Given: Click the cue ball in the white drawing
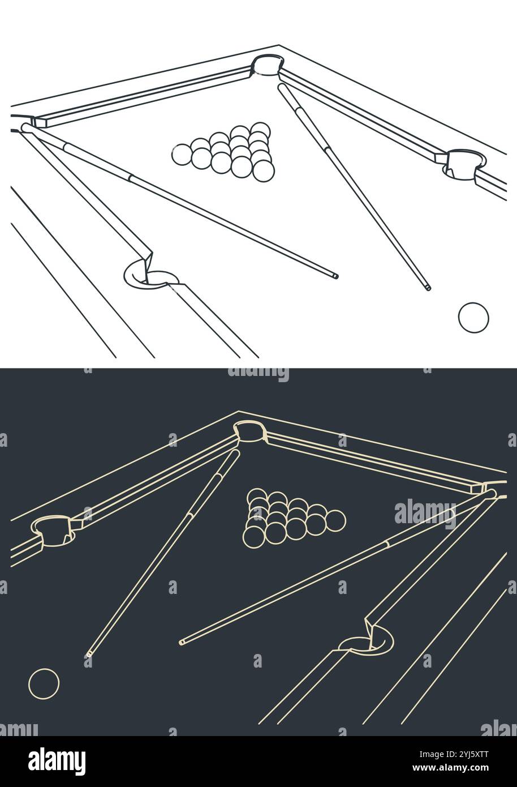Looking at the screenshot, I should (473, 318).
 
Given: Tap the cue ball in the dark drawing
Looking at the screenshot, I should (44, 684).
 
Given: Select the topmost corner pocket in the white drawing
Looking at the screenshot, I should (267, 64).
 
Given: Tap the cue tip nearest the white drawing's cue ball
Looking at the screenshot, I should (428, 288).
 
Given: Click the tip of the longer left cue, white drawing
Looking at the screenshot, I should (335, 276).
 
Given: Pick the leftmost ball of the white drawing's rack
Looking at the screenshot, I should (182, 154).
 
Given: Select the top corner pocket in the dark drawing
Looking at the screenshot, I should (249, 431).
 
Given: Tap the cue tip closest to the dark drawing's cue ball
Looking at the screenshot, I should (88, 655).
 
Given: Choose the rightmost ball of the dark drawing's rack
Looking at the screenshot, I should (335, 520).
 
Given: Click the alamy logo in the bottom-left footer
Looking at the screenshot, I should (57, 761).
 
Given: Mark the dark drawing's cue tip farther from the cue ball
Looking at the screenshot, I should (182, 642).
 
